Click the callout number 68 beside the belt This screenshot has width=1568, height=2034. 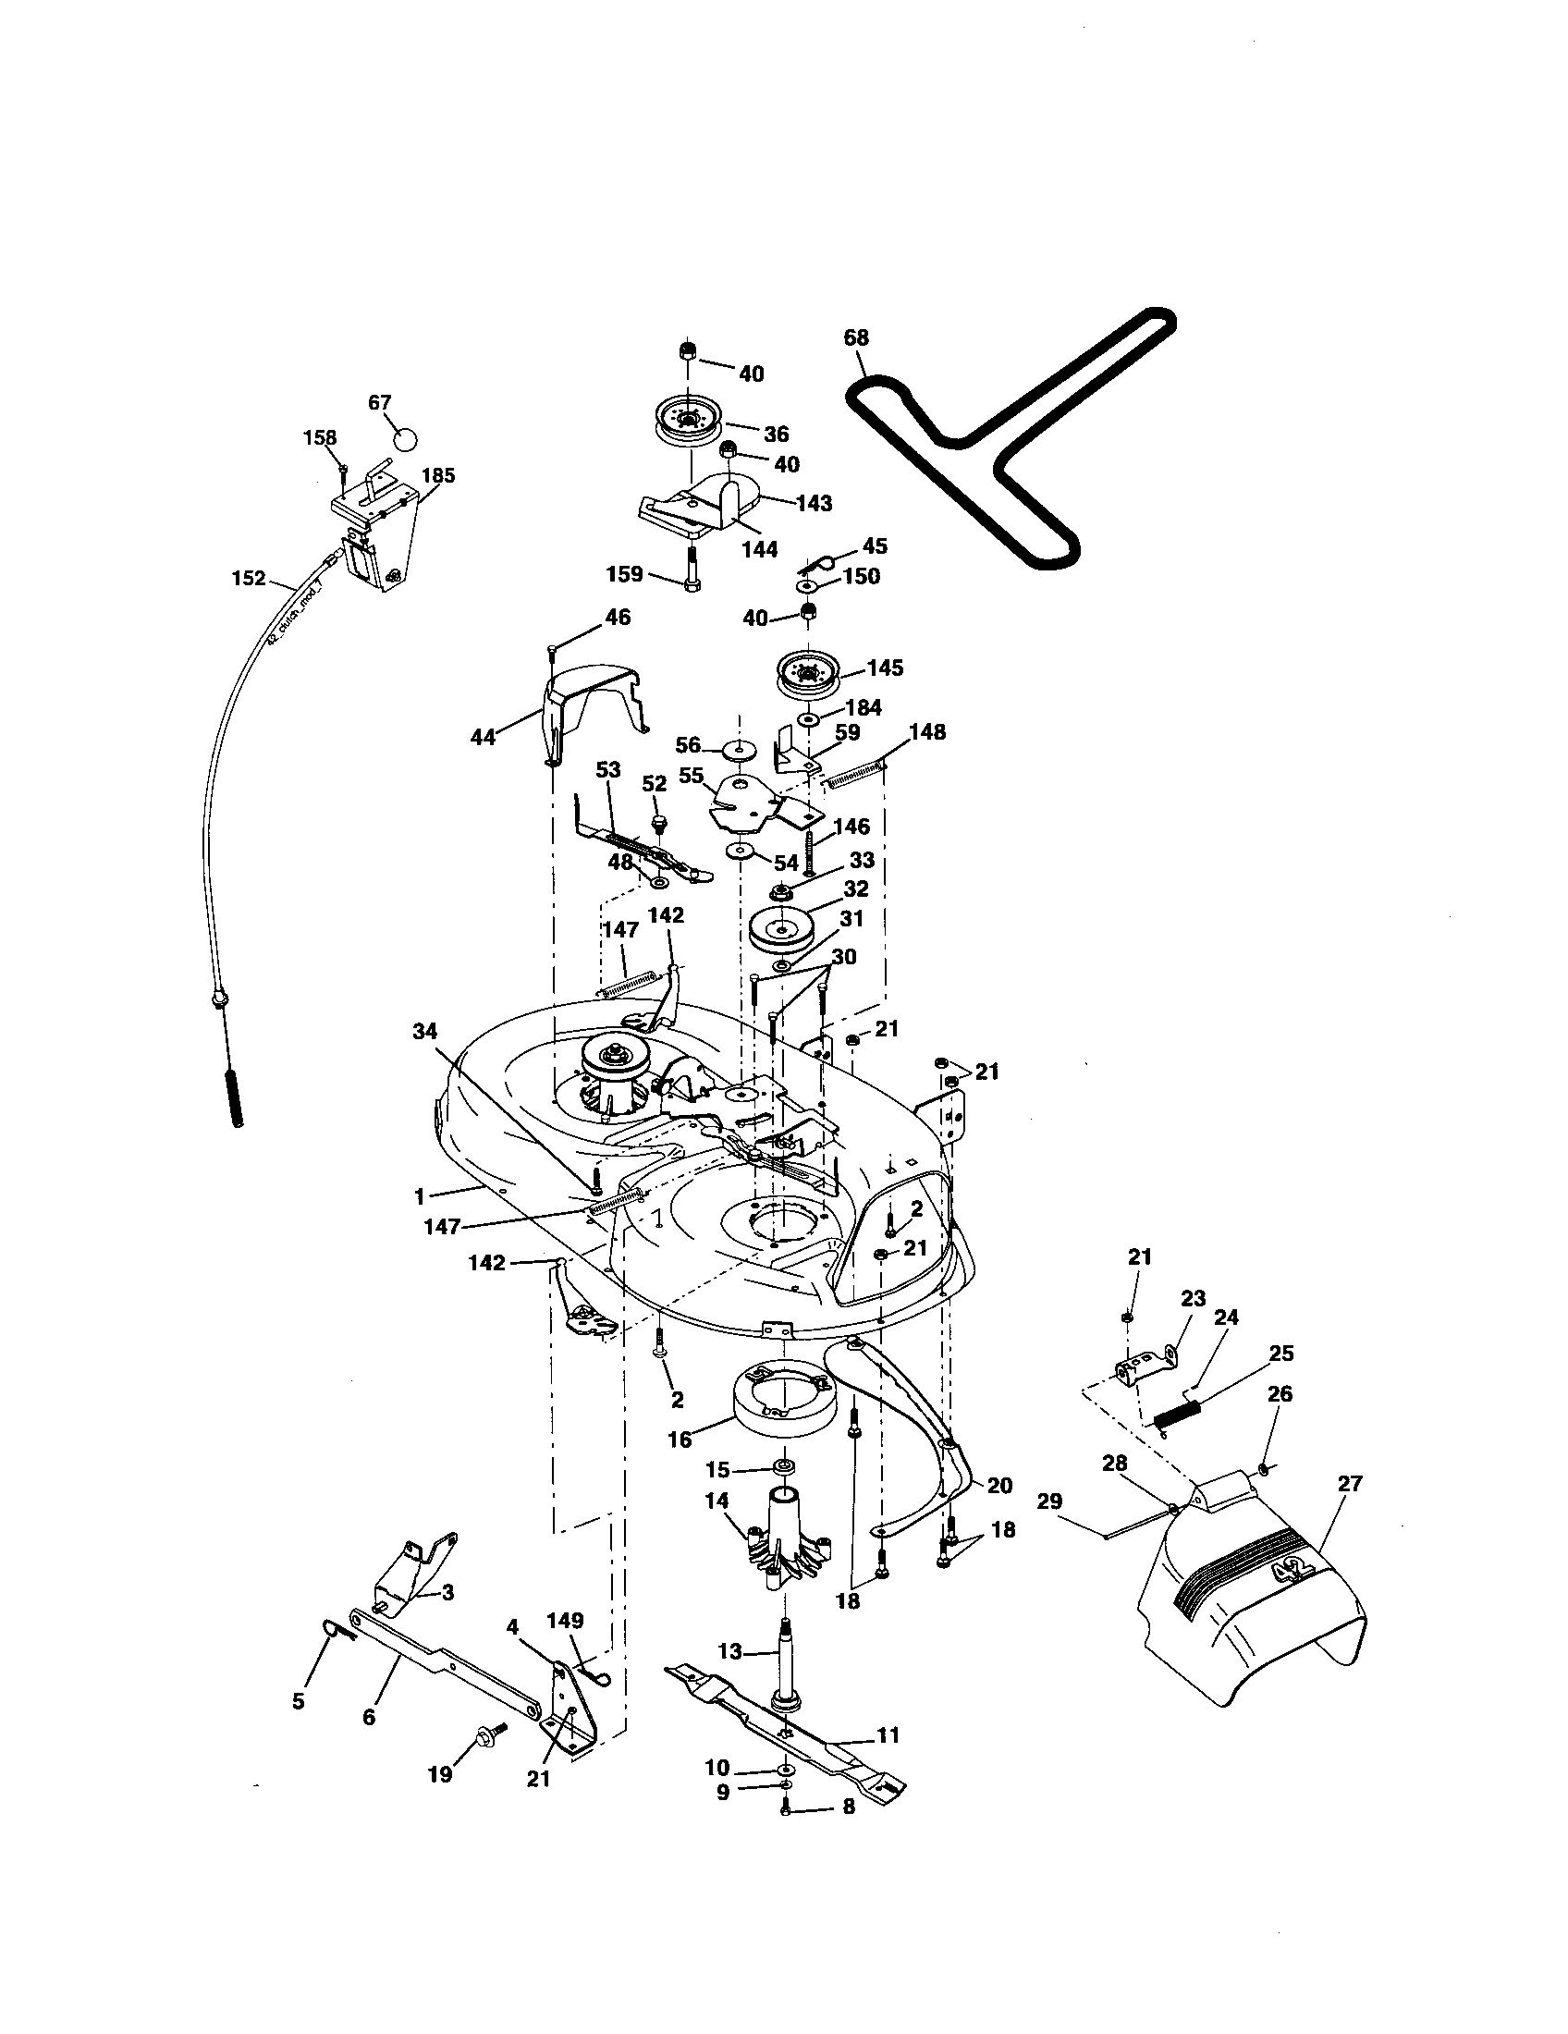click(x=856, y=337)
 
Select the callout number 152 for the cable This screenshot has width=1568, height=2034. click(x=249, y=579)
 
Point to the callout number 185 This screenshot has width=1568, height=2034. click(x=437, y=476)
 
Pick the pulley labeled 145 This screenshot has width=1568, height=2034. click(x=807, y=676)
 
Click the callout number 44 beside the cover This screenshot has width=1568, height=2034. click(x=483, y=738)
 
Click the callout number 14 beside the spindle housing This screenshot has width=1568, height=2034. click(x=717, y=1501)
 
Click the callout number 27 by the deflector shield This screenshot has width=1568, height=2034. click(x=1349, y=1485)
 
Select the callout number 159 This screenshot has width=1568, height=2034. click(x=625, y=574)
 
